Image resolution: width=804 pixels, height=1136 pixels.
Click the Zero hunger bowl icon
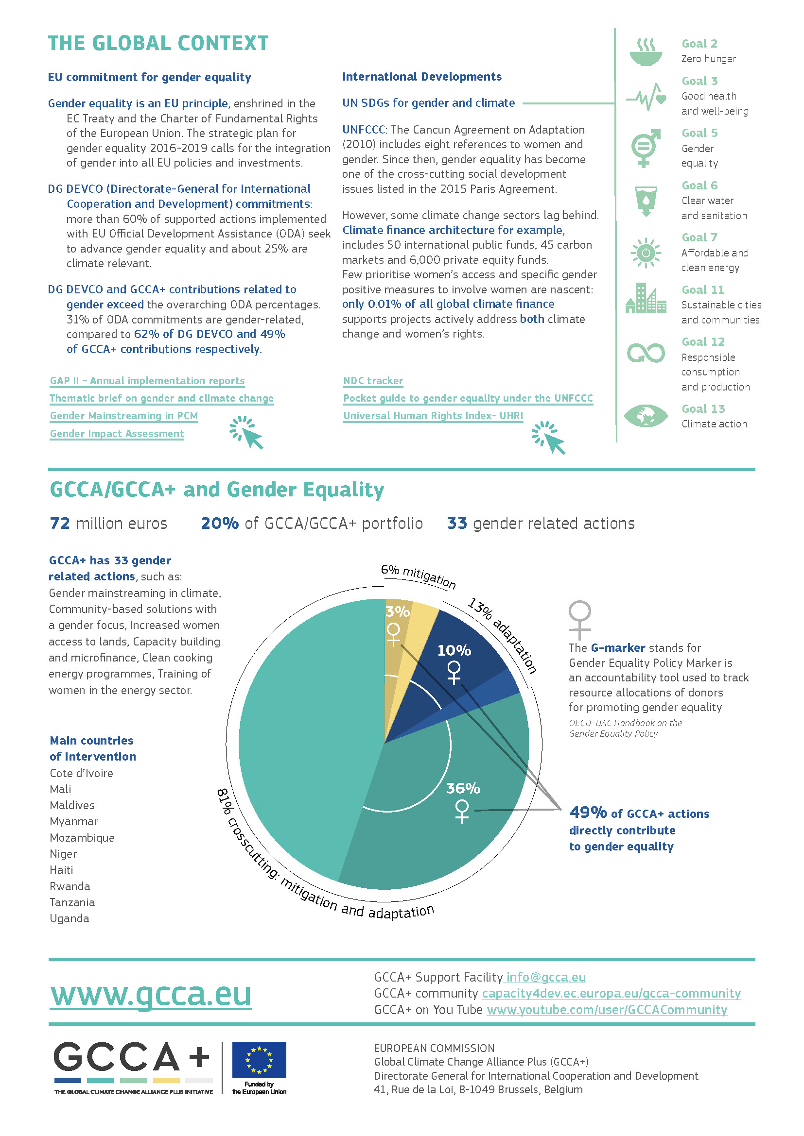(x=646, y=51)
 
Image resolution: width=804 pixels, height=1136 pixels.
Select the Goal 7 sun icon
(x=646, y=253)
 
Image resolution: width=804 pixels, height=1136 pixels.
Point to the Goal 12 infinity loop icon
(x=646, y=353)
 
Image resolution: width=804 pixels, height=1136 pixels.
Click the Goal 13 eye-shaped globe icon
(x=646, y=416)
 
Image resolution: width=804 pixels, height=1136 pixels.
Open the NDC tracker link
(x=373, y=380)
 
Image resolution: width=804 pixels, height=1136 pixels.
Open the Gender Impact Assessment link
(x=117, y=433)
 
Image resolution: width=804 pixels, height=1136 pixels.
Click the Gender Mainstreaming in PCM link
(x=124, y=416)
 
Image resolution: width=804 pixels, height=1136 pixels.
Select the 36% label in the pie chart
(x=463, y=788)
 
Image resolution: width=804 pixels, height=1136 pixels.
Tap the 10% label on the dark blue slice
(x=454, y=650)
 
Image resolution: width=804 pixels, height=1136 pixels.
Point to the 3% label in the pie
(x=398, y=612)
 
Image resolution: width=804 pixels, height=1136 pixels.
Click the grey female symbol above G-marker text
(x=580, y=619)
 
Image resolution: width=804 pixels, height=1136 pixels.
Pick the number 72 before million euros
(x=60, y=523)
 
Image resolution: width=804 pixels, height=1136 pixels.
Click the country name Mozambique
(x=82, y=838)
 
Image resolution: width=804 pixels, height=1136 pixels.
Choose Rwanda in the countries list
(x=70, y=886)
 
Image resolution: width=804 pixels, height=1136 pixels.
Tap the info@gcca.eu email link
(x=545, y=977)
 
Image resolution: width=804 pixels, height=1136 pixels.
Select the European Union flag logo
(x=259, y=1060)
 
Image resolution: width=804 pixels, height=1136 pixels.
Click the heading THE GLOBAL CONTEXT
(x=158, y=43)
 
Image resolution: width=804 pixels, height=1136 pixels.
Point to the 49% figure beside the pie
(x=588, y=813)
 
